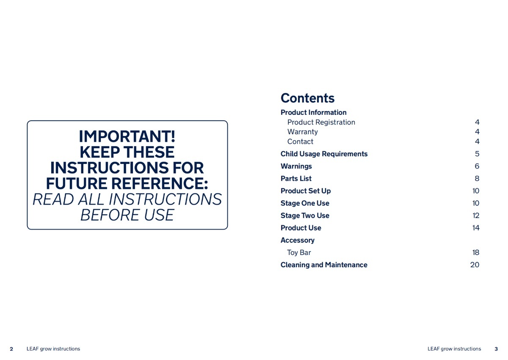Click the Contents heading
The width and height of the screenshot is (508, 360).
(x=307, y=98)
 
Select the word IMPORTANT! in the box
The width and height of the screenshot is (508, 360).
(x=127, y=136)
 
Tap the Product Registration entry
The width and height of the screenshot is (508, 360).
(x=321, y=122)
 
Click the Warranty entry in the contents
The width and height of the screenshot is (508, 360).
(x=303, y=132)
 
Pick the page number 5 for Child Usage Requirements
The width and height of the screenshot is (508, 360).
(x=477, y=154)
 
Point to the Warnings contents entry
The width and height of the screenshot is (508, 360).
(x=296, y=166)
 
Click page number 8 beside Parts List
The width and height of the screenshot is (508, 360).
(x=477, y=179)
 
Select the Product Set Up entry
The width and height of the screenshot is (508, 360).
(x=306, y=191)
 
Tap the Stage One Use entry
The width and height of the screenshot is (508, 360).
(x=305, y=203)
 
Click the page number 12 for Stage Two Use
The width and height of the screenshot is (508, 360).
(x=476, y=216)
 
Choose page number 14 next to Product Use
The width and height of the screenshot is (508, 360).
(x=476, y=228)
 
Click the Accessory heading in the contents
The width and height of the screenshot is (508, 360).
(x=298, y=241)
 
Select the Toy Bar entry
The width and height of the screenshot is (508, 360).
(x=299, y=252)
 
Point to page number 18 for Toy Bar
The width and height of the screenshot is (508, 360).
(x=476, y=252)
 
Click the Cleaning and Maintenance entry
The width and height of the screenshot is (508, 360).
(x=324, y=265)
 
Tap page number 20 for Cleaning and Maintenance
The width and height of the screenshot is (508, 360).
(x=475, y=265)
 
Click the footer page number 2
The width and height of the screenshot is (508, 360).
(x=11, y=349)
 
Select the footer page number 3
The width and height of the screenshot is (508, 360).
(x=496, y=349)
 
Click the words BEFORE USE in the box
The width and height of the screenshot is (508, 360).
(x=127, y=215)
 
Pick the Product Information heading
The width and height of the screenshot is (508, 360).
(x=313, y=113)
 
